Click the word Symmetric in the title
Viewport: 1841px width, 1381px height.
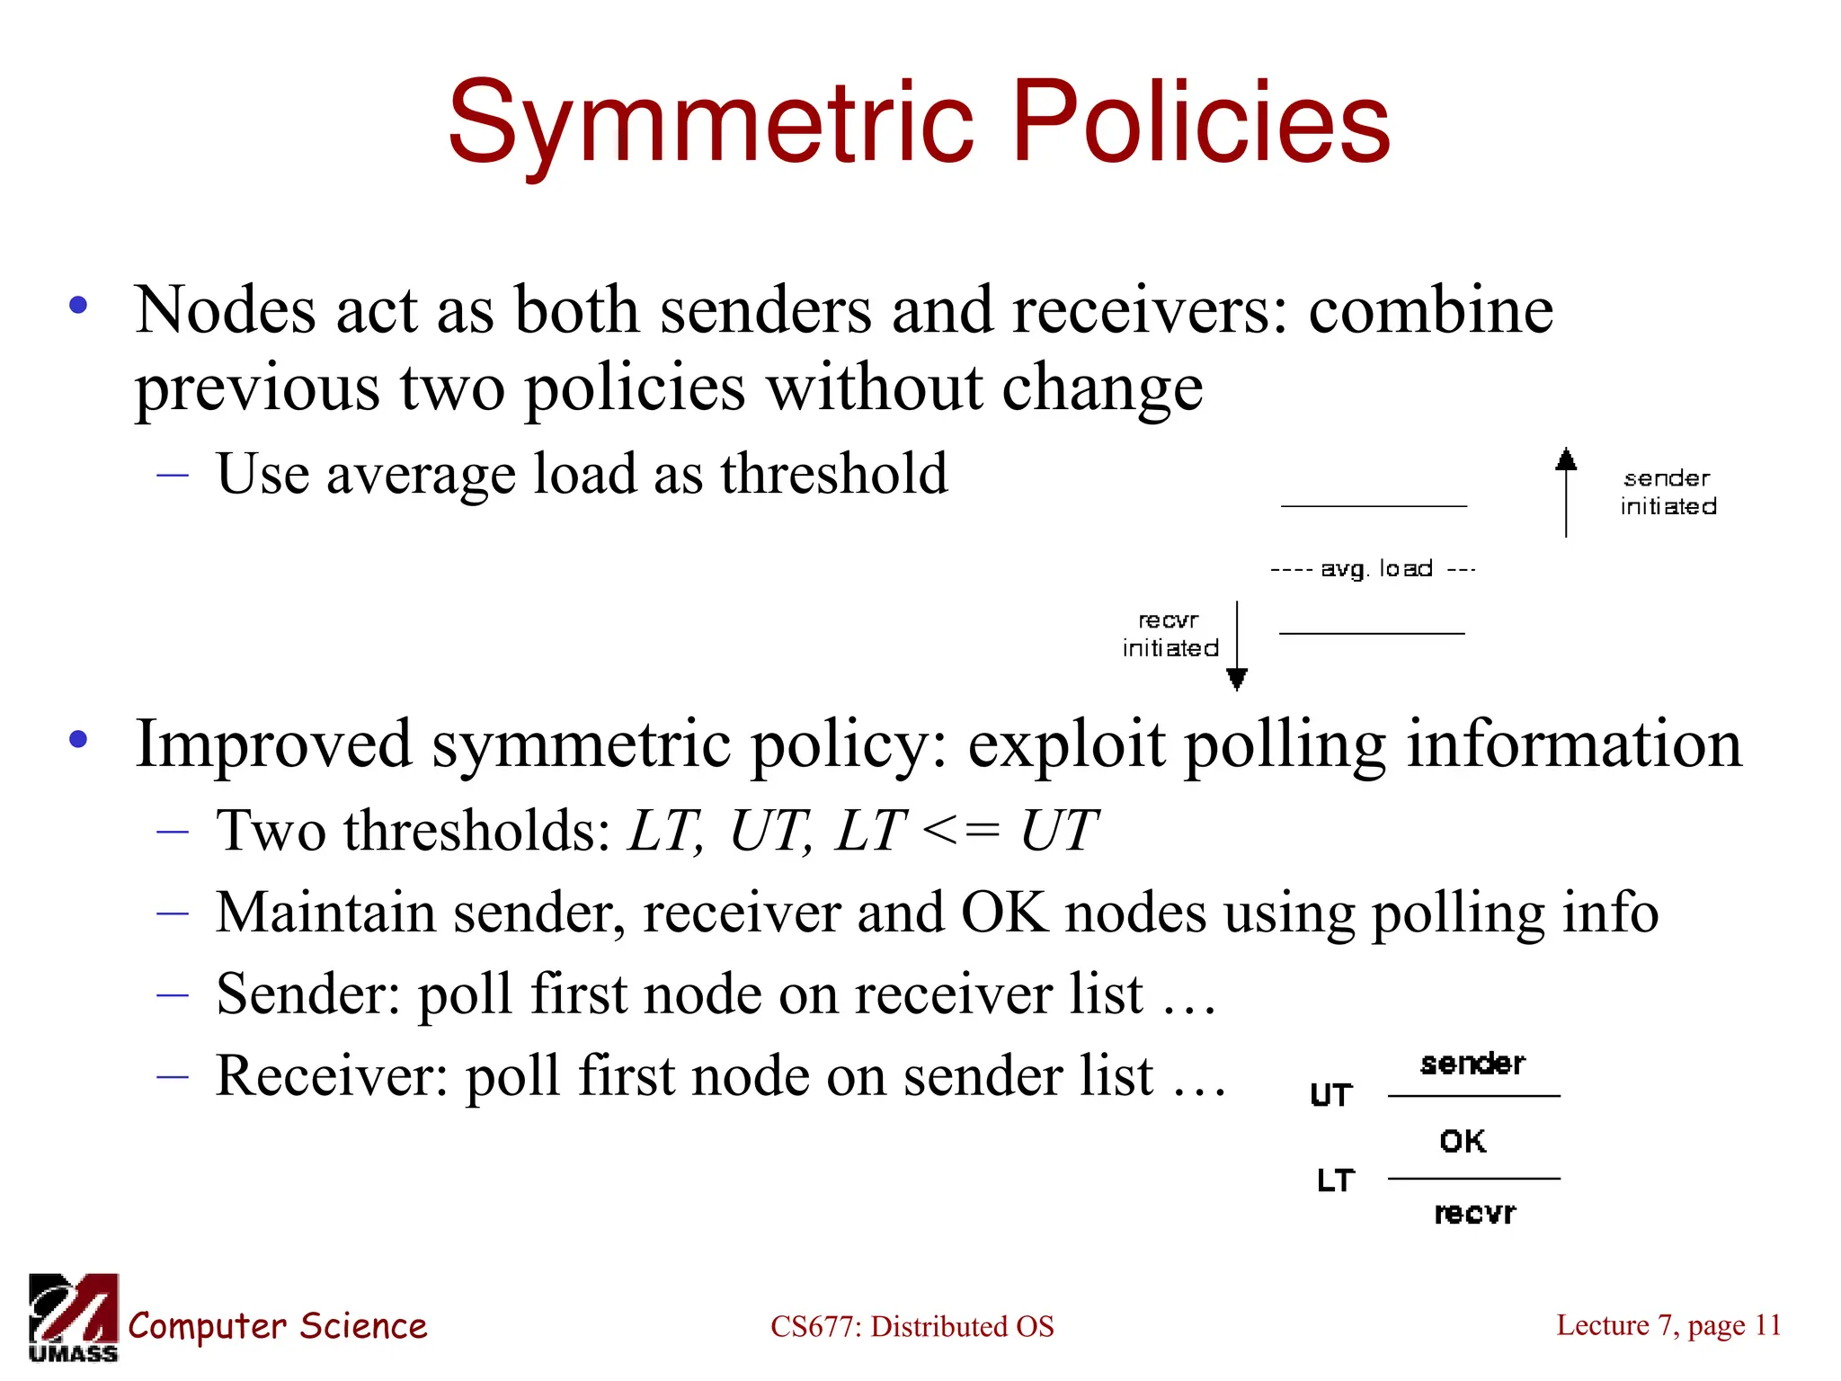(710, 121)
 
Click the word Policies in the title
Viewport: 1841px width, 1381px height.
(1201, 121)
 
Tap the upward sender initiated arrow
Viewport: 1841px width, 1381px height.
(1566, 493)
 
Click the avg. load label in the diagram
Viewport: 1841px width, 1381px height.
(1376, 569)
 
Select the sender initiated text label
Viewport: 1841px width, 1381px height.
(1668, 493)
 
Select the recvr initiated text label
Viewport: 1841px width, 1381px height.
(1170, 634)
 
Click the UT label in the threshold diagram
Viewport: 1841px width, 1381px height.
(1331, 1095)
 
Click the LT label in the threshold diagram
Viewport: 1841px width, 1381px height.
(1335, 1181)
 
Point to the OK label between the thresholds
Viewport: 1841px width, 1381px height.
(1463, 1141)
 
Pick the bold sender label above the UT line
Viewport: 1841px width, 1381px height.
(1472, 1065)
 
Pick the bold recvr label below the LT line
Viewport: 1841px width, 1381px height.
(1474, 1214)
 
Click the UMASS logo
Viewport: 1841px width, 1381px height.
(74, 1317)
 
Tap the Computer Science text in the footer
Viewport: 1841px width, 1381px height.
(278, 1326)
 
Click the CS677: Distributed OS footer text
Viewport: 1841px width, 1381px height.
(912, 1326)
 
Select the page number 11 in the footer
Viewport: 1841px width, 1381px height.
(1768, 1324)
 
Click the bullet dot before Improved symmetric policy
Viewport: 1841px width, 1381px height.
(78, 740)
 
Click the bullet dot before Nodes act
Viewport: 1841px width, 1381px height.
(78, 306)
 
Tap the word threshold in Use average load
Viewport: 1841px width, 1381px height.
(833, 474)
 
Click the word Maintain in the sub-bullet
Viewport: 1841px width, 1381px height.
(325, 913)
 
